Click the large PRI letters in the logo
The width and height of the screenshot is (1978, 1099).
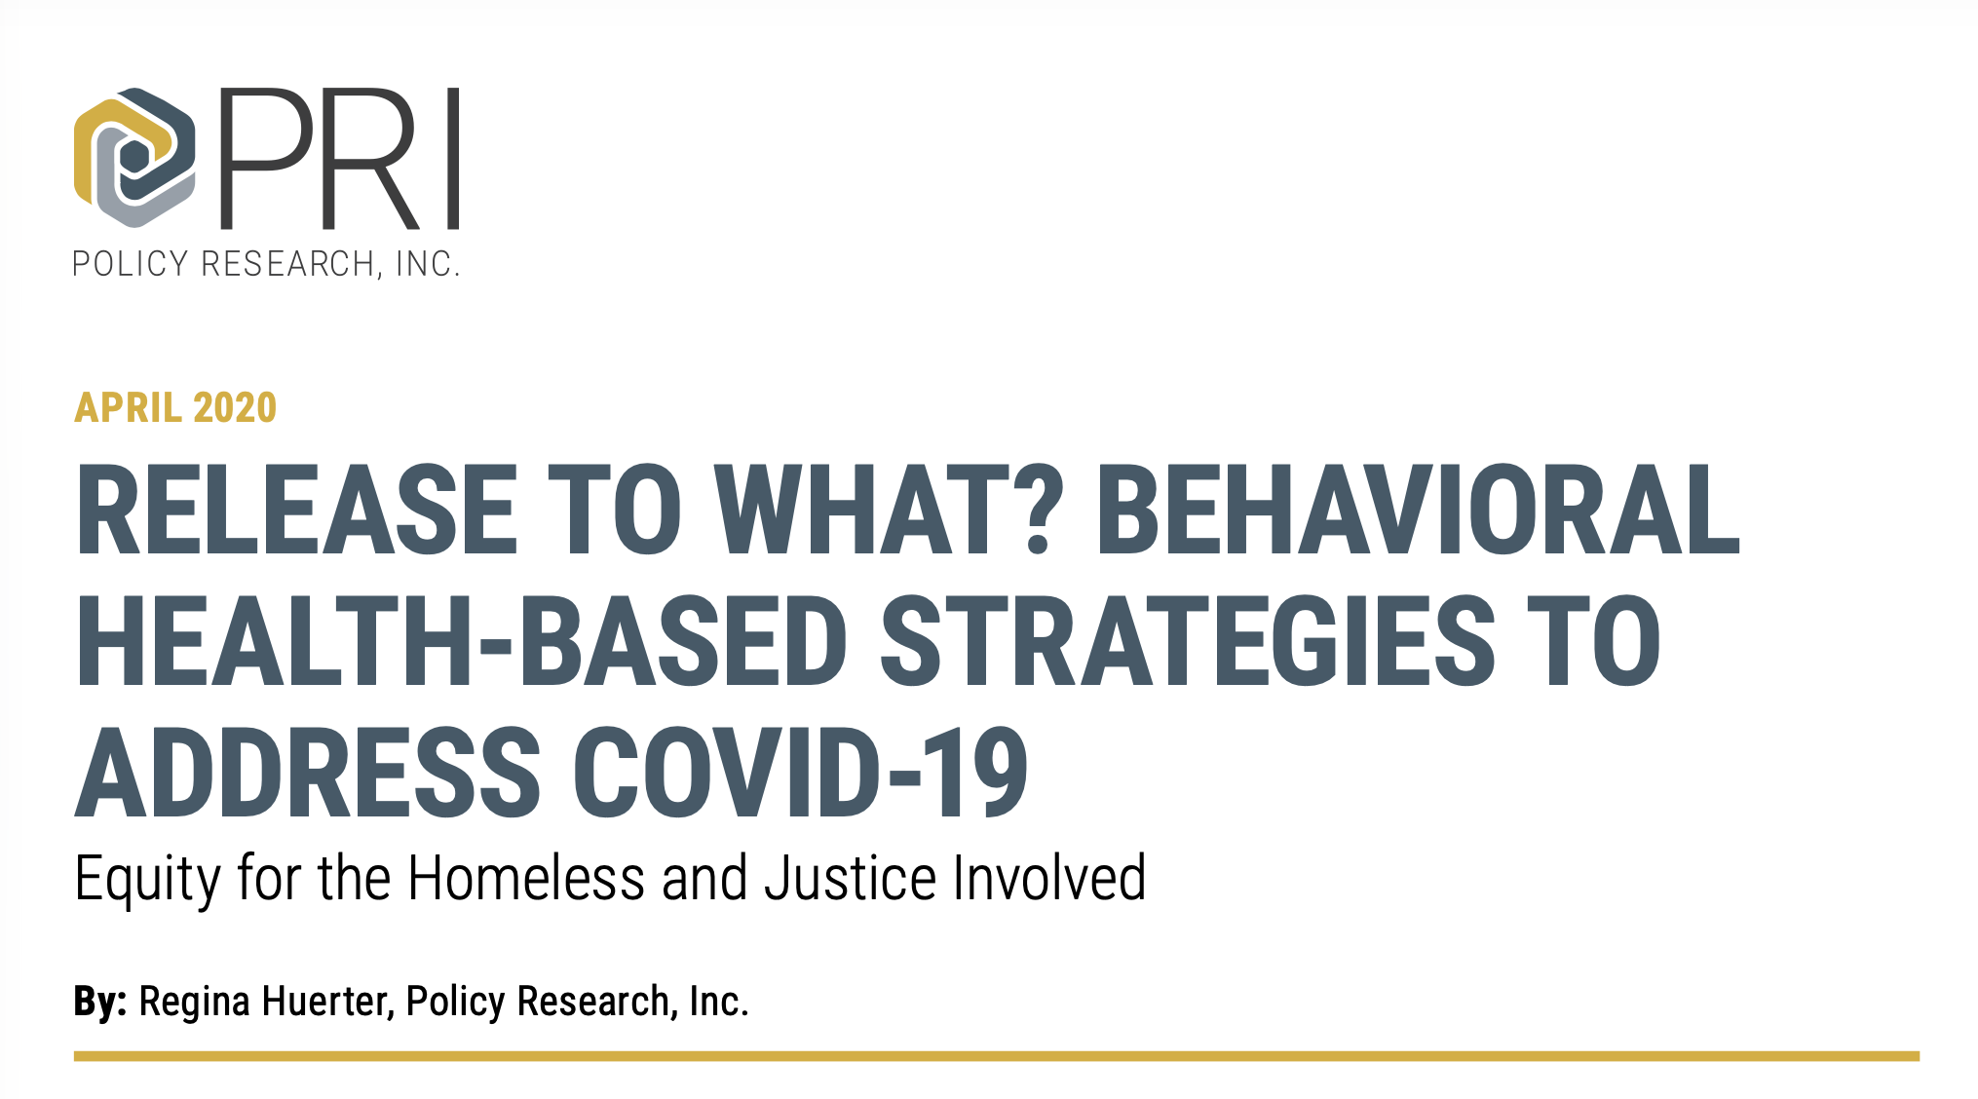click(339, 159)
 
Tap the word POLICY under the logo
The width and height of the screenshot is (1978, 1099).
click(131, 264)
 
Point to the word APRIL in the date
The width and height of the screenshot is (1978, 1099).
click(129, 407)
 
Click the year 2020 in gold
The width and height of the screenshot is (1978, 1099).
click(235, 407)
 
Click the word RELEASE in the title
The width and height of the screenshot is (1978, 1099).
click(296, 510)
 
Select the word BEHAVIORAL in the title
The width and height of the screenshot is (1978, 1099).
click(1418, 510)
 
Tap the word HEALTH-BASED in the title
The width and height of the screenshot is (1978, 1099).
click(462, 640)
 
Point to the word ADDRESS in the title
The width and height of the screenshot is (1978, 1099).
click(308, 772)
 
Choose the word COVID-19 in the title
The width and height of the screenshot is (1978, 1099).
click(800, 772)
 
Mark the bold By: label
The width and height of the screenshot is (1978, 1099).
click(100, 1003)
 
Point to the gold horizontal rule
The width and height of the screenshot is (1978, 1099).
click(997, 1056)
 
